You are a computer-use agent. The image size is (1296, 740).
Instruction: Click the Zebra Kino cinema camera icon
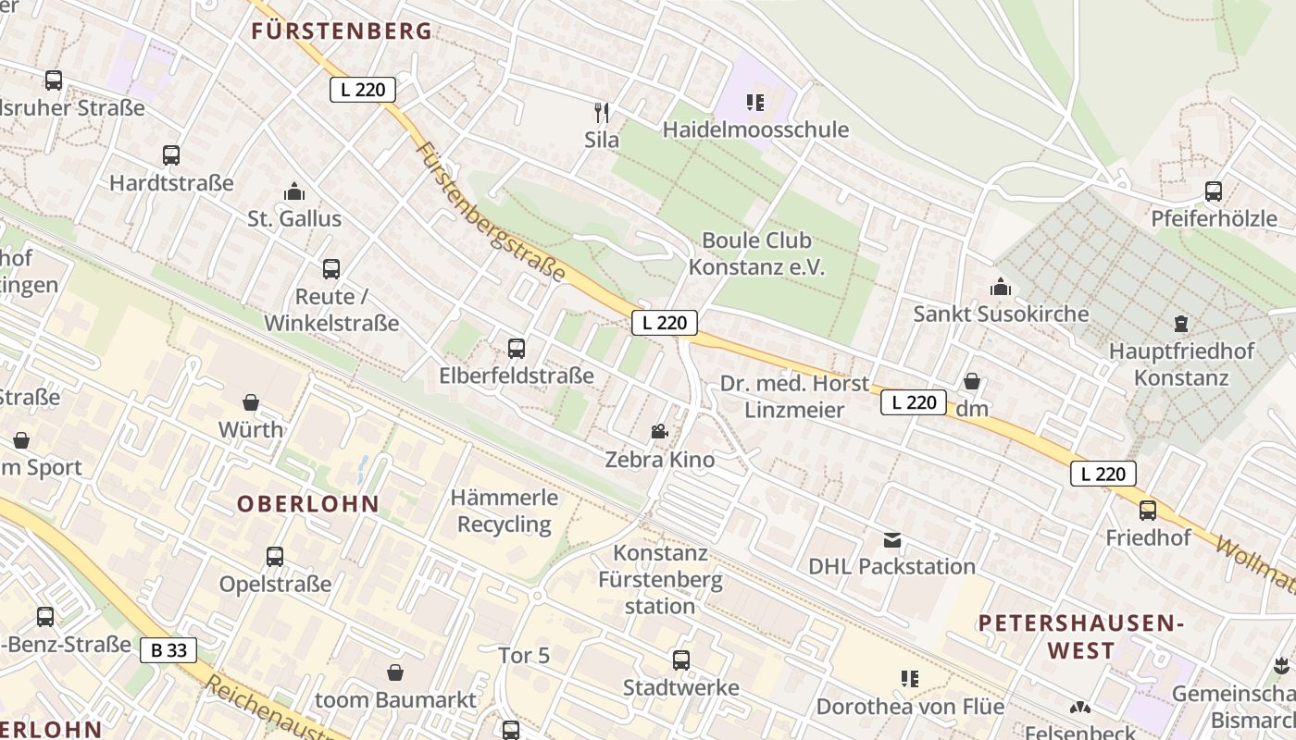[x=659, y=431]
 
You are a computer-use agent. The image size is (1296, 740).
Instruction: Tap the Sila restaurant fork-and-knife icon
[x=602, y=113]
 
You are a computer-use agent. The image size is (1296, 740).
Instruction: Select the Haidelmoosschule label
[x=755, y=129]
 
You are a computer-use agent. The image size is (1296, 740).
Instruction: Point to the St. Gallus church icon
[x=294, y=191]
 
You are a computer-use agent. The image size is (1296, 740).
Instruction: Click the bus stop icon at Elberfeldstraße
[x=517, y=349]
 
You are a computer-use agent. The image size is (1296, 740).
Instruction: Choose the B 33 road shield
[x=168, y=650]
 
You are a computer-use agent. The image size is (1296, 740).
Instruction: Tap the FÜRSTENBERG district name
[x=342, y=31]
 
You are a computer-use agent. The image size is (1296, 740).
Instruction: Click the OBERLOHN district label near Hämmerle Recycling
[x=308, y=504]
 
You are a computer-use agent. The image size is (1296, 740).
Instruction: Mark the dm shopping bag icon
[x=972, y=381]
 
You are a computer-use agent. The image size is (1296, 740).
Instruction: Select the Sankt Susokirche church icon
[x=1001, y=287]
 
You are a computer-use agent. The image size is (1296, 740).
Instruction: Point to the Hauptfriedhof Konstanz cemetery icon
[x=1180, y=324]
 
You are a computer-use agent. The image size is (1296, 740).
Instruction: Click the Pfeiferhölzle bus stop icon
[x=1213, y=191]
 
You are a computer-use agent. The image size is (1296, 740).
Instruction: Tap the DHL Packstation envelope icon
[x=892, y=539]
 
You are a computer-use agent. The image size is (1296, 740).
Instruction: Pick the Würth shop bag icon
[x=251, y=402]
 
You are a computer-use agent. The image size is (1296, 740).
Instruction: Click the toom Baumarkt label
[x=396, y=699]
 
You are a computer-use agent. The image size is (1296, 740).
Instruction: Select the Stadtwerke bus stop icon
[x=681, y=660]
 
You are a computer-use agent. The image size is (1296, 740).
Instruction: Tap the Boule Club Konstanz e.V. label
[x=756, y=254]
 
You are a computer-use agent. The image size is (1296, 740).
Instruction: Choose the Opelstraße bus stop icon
[x=275, y=557]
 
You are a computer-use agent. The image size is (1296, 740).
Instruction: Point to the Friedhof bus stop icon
[x=1148, y=511]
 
